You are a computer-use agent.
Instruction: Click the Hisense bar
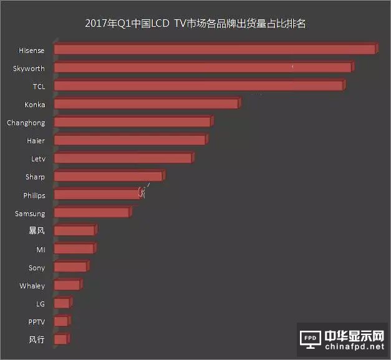point(215,49)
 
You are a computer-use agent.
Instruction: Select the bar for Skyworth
point(203,67)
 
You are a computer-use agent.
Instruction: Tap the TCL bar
point(198,86)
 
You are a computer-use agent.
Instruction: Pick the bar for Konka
point(146,104)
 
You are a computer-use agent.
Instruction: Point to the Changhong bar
point(132,122)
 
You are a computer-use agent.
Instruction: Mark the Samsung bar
point(92,213)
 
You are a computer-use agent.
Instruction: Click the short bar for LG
point(62,303)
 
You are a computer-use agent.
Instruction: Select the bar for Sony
point(70,267)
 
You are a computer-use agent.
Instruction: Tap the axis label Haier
point(36,141)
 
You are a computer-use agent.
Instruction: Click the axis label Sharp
point(35,177)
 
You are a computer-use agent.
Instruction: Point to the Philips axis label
point(34,195)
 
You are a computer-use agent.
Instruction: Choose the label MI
point(41,249)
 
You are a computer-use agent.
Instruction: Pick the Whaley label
point(32,286)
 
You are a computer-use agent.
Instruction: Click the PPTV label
point(36,322)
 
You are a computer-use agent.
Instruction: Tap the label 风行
point(37,340)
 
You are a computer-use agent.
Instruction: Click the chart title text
point(195,24)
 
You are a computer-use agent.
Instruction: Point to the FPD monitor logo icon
point(311,339)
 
